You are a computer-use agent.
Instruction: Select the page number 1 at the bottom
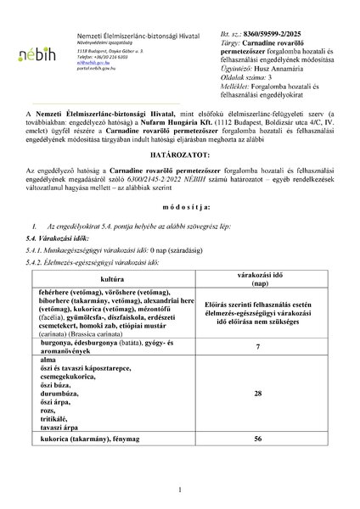click(x=180, y=490)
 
